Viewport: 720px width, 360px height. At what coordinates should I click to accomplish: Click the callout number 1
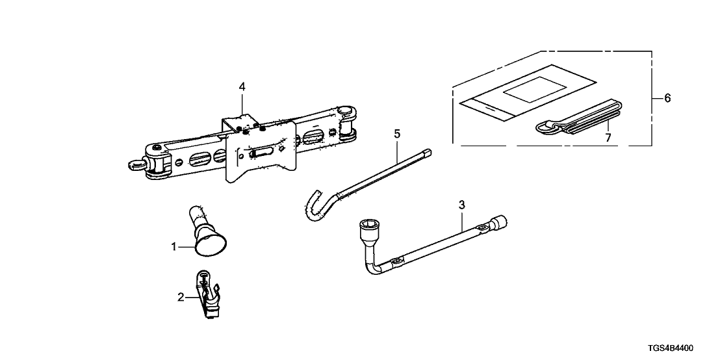[x=174, y=246]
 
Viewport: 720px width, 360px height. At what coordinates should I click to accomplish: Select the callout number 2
[x=181, y=298]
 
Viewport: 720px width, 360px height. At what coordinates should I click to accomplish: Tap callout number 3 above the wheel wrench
[x=462, y=205]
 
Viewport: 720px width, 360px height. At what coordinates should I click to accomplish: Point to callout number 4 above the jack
[x=242, y=86]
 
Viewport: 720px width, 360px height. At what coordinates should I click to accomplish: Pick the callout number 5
[x=397, y=134]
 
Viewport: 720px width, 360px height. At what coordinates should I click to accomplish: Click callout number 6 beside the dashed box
[x=667, y=98]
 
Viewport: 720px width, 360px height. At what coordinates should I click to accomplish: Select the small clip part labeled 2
[x=206, y=295]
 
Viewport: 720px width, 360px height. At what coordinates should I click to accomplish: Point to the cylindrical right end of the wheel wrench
[x=503, y=223]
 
